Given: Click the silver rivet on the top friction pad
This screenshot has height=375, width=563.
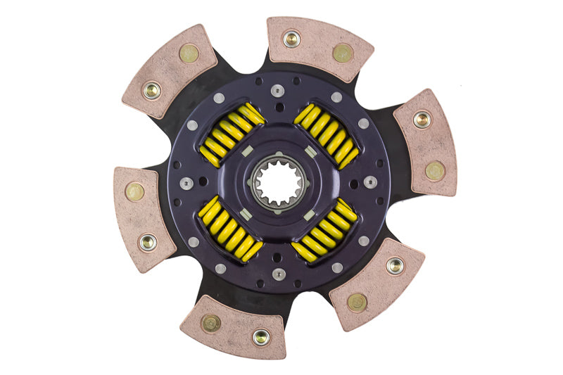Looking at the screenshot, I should [291, 38].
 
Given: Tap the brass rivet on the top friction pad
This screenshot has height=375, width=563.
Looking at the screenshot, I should [343, 53].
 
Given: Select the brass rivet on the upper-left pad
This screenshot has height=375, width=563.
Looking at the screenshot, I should [188, 53].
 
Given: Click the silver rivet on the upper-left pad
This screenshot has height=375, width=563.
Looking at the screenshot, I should [151, 90].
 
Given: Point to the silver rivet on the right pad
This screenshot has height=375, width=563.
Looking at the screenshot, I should [421, 120].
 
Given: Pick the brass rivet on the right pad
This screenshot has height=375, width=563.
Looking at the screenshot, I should [434, 170].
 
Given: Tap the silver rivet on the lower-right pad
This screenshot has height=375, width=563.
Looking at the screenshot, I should [395, 266].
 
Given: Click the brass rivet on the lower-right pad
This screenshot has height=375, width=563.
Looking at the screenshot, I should [357, 302].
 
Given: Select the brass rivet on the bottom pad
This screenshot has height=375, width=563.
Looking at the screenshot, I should [210, 322].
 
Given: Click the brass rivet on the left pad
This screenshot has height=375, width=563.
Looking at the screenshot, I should [134, 191].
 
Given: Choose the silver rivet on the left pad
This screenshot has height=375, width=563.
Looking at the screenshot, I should [147, 242].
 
